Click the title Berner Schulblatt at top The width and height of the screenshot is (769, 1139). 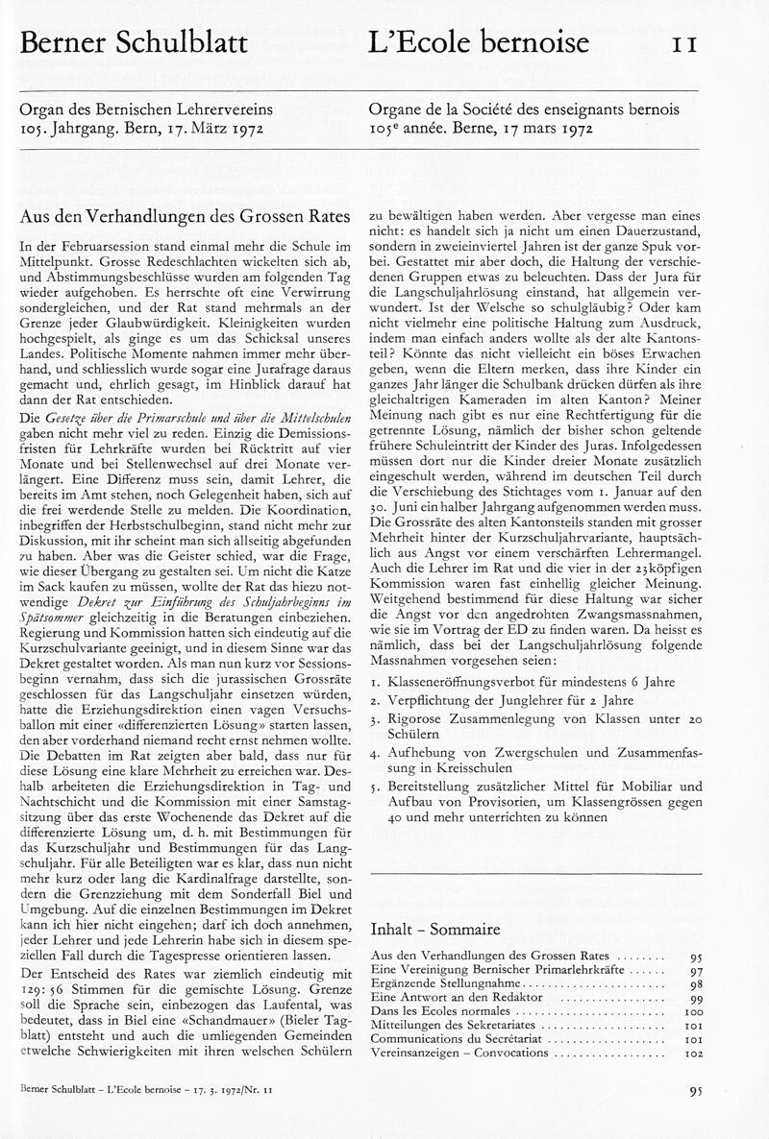(134, 42)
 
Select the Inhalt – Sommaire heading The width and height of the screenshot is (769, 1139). (434, 930)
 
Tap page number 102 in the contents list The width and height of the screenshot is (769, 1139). (694, 1053)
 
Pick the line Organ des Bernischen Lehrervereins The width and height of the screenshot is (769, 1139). (135, 110)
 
